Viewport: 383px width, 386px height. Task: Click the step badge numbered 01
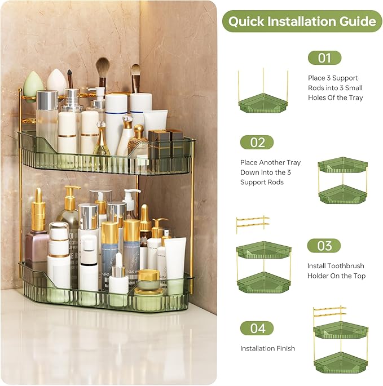point(324,57)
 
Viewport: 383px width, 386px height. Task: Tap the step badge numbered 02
point(257,142)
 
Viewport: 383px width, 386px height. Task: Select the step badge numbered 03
point(324,246)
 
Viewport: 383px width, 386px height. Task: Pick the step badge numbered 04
point(257,328)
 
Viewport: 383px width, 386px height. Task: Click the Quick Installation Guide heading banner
point(302,21)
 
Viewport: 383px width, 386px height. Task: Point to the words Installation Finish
point(267,348)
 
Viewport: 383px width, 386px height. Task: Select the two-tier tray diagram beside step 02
point(342,180)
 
